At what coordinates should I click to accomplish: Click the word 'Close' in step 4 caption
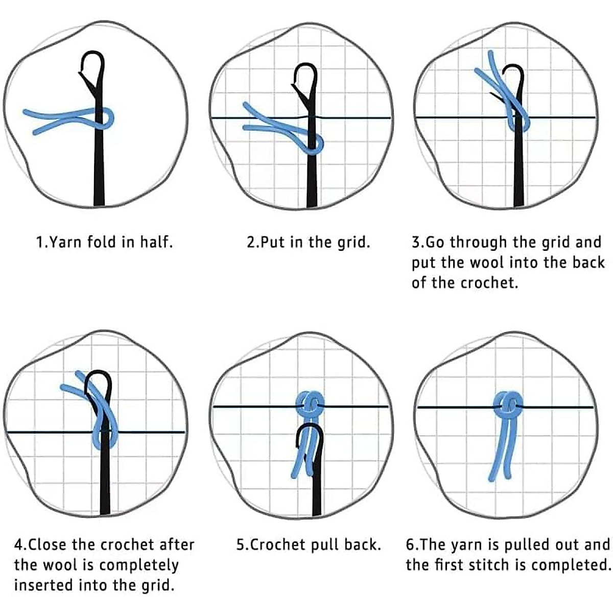pos(50,545)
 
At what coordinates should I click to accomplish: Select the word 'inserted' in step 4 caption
pos(43,585)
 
